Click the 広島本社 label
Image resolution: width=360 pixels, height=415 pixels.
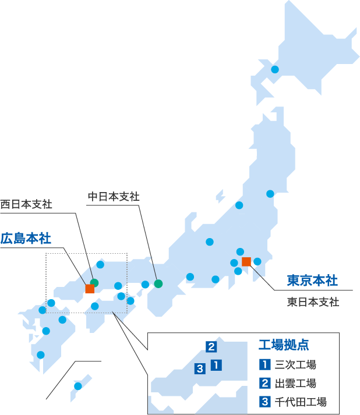click(x=26, y=238)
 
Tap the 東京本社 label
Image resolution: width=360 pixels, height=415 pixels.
click(x=312, y=280)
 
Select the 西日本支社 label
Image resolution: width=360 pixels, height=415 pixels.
click(x=26, y=204)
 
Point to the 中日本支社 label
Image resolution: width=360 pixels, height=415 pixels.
click(x=114, y=197)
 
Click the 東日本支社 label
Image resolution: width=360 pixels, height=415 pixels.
click(x=313, y=302)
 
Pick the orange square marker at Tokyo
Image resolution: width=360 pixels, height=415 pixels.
click(x=246, y=261)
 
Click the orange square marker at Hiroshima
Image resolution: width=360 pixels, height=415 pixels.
click(x=90, y=289)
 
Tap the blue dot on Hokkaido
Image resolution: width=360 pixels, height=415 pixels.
click(x=275, y=69)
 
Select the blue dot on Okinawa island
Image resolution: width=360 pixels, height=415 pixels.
click(x=78, y=386)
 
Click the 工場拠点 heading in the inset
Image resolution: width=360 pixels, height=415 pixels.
click(x=284, y=345)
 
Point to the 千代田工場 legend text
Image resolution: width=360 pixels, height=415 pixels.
click(x=301, y=401)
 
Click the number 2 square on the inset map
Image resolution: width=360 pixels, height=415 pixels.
click(x=211, y=347)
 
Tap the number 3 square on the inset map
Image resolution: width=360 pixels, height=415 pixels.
click(x=200, y=368)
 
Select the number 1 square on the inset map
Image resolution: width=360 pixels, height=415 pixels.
click(x=216, y=366)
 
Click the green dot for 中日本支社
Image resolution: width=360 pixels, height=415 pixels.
click(x=158, y=284)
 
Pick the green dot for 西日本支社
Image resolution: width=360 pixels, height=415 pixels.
click(x=94, y=283)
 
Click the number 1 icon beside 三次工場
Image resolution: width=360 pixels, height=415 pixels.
click(x=264, y=365)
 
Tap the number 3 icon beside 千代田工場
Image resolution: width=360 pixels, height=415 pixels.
click(x=264, y=401)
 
